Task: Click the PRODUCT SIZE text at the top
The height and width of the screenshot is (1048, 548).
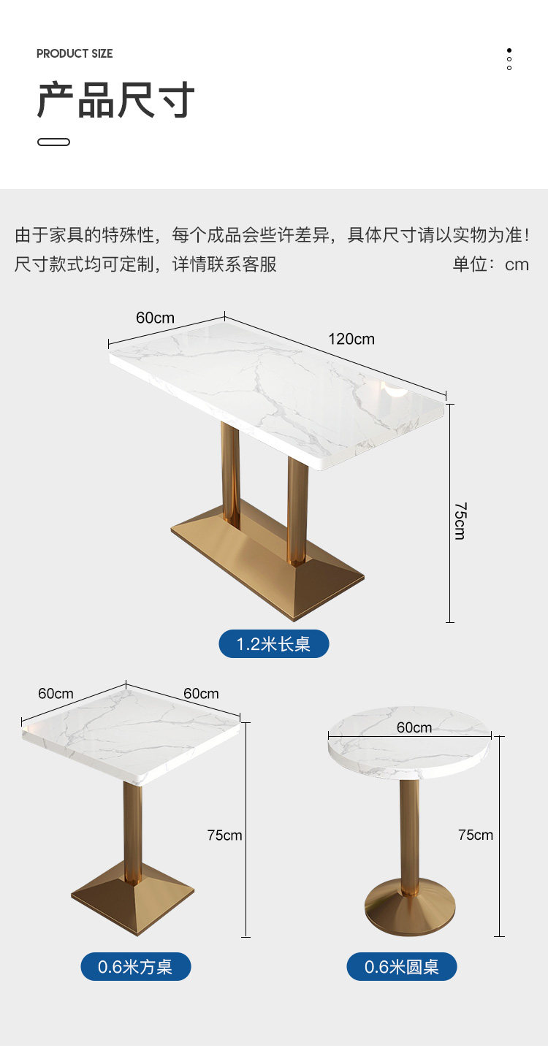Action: pyautogui.click(x=75, y=53)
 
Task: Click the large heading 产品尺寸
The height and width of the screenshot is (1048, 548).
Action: pyautogui.click(x=116, y=100)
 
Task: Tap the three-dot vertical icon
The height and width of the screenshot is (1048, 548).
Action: pyautogui.click(x=509, y=59)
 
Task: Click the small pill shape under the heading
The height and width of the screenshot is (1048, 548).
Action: pyautogui.click(x=53, y=142)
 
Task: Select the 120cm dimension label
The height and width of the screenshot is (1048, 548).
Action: pyautogui.click(x=351, y=339)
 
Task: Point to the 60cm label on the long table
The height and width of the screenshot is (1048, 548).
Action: pyautogui.click(x=155, y=318)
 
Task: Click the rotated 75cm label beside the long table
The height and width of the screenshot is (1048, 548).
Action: pyautogui.click(x=460, y=520)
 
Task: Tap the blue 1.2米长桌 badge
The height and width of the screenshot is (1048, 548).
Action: pyautogui.click(x=274, y=644)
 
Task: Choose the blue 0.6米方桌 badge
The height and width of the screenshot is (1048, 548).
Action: pyautogui.click(x=135, y=967)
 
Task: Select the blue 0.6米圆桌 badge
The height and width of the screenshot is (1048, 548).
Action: pyautogui.click(x=402, y=967)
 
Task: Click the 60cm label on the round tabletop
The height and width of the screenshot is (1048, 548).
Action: pyautogui.click(x=414, y=727)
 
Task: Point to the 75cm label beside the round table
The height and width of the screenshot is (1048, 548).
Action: pyautogui.click(x=476, y=835)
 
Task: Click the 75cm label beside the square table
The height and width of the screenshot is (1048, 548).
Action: pyautogui.click(x=224, y=835)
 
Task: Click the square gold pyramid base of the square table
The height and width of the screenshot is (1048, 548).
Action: pyautogui.click(x=133, y=898)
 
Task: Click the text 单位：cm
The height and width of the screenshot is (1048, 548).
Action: pyautogui.click(x=490, y=264)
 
